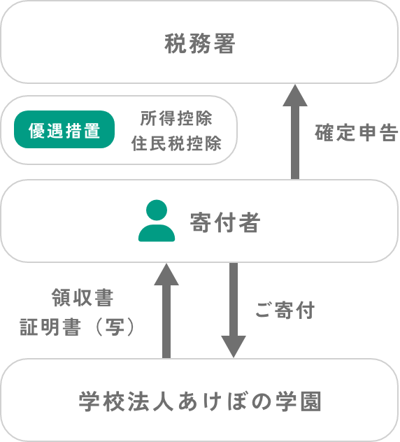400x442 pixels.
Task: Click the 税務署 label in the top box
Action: [199, 43]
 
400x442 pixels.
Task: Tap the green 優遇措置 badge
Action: [64, 129]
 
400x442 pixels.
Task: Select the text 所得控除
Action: [176, 118]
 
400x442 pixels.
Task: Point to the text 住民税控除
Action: [176, 143]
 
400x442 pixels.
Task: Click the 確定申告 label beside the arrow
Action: [357, 132]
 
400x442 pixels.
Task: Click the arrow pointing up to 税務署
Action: [295, 131]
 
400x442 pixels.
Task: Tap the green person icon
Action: [157, 221]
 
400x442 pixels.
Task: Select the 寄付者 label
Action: [224, 222]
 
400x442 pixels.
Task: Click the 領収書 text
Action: [83, 297]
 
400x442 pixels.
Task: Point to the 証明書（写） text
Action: [77, 327]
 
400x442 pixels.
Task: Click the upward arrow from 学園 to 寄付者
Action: [166, 311]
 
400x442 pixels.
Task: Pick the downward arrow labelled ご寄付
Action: [234, 310]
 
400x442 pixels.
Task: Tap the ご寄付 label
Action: [285, 310]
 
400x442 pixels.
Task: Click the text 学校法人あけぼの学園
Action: [200, 401]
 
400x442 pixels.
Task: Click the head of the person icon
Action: [157, 210]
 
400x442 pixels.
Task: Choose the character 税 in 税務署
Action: [175, 43]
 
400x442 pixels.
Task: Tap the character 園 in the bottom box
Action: [310, 401]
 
